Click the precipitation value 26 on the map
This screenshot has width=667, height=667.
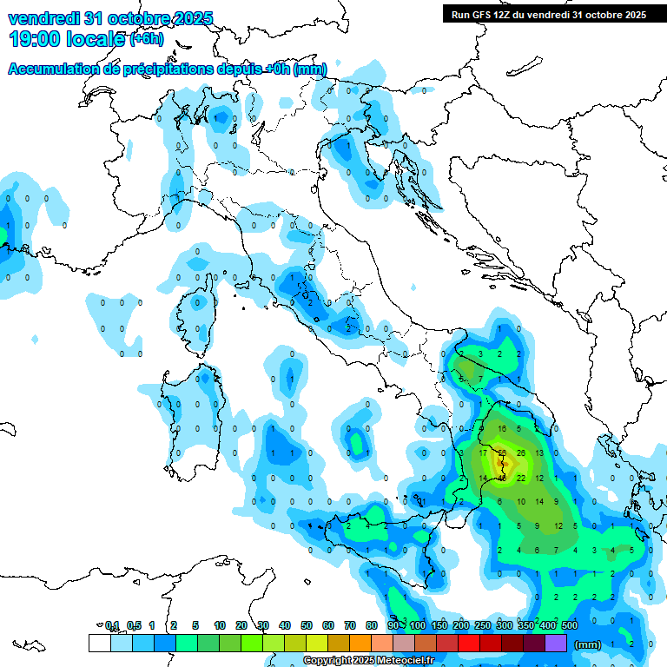[x=521, y=453]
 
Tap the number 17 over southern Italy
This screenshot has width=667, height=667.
[x=483, y=453]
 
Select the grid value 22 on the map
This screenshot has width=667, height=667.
[x=521, y=479]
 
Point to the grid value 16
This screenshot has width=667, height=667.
[x=502, y=429]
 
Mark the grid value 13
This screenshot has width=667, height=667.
[x=539, y=453]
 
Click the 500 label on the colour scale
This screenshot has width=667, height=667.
[x=570, y=625]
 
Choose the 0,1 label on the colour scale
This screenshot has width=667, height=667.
[x=112, y=625]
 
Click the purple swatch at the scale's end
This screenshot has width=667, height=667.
[x=555, y=643]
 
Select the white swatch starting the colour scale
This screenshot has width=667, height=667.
[x=99, y=643]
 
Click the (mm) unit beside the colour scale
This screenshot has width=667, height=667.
[x=588, y=644]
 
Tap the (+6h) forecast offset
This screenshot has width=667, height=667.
[x=147, y=39]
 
